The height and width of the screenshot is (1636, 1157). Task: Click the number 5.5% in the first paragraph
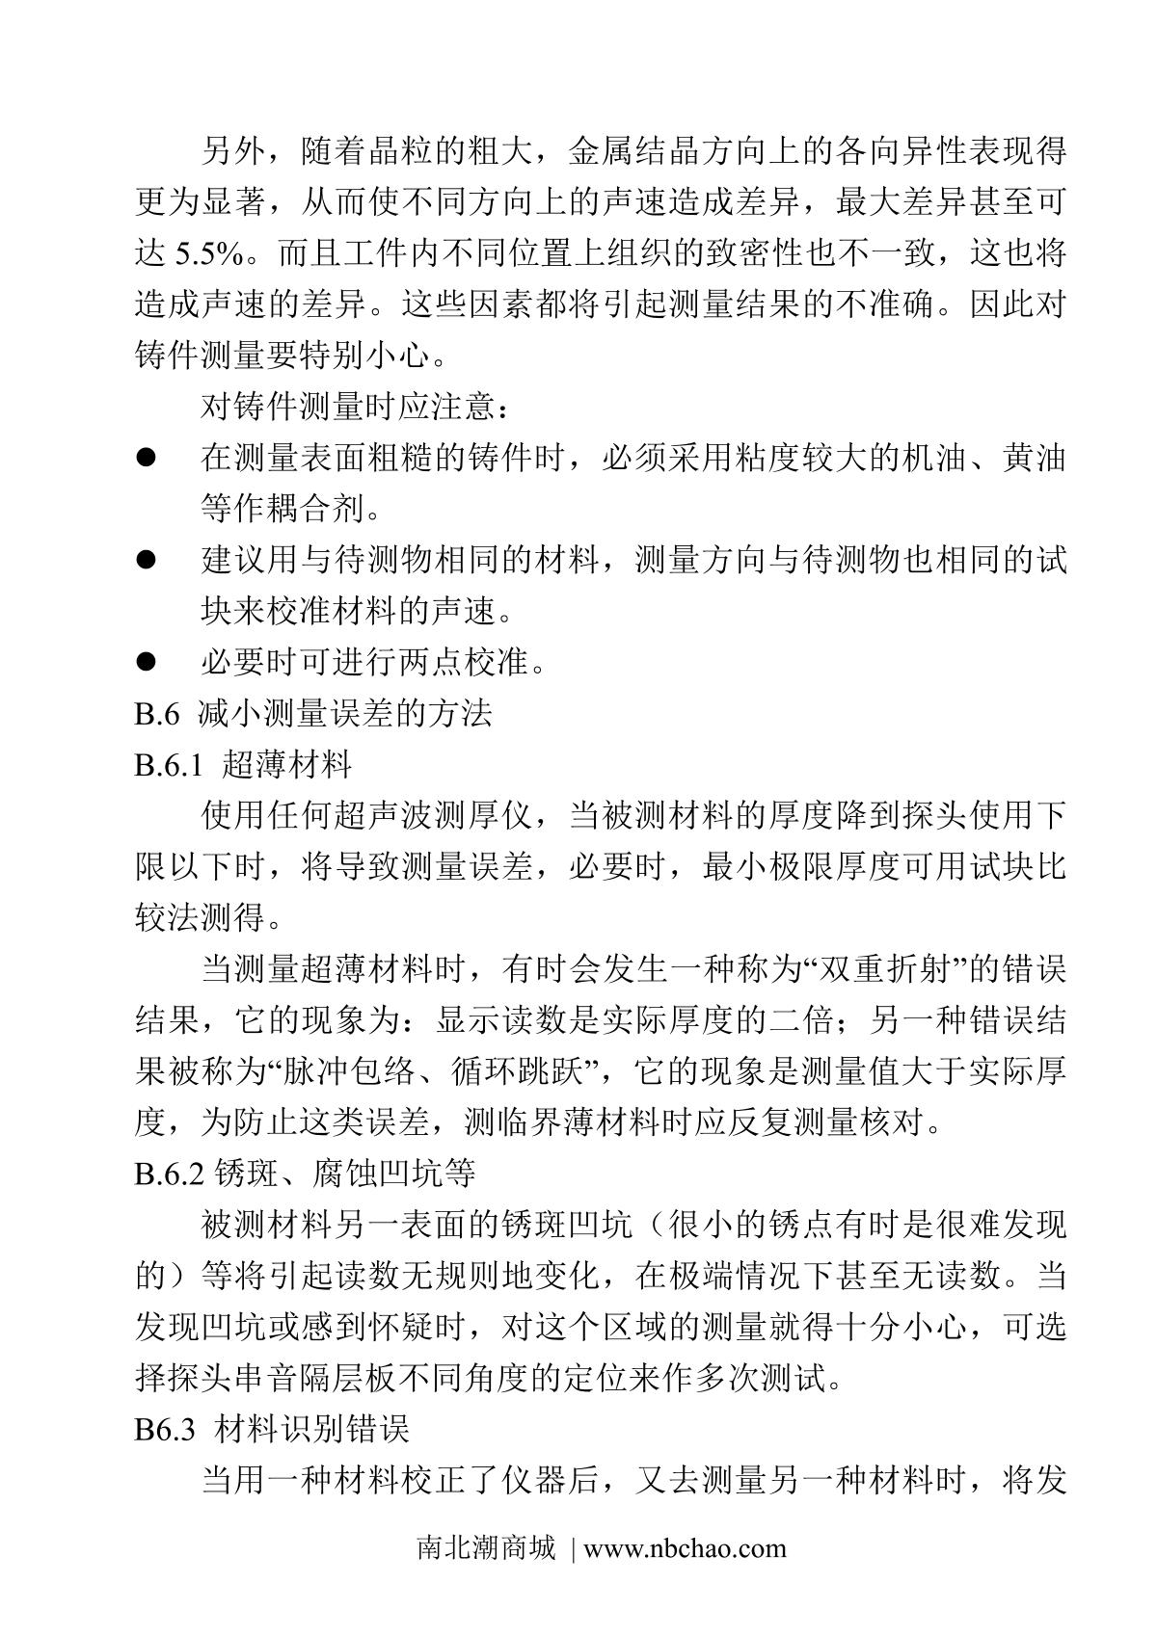tap(209, 254)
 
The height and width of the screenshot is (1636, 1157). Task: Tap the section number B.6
tap(157, 713)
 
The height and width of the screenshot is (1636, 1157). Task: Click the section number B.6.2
tap(169, 1173)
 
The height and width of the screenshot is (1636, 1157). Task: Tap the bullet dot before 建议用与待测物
tap(146, 559)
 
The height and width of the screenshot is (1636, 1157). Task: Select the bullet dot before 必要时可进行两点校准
tap(146, 662)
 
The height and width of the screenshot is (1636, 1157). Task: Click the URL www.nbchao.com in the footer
tap(685, 1548)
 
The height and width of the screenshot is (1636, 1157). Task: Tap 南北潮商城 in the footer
tap(486, 1548)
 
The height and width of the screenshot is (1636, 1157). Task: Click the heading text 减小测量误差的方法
tap(345, 713)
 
